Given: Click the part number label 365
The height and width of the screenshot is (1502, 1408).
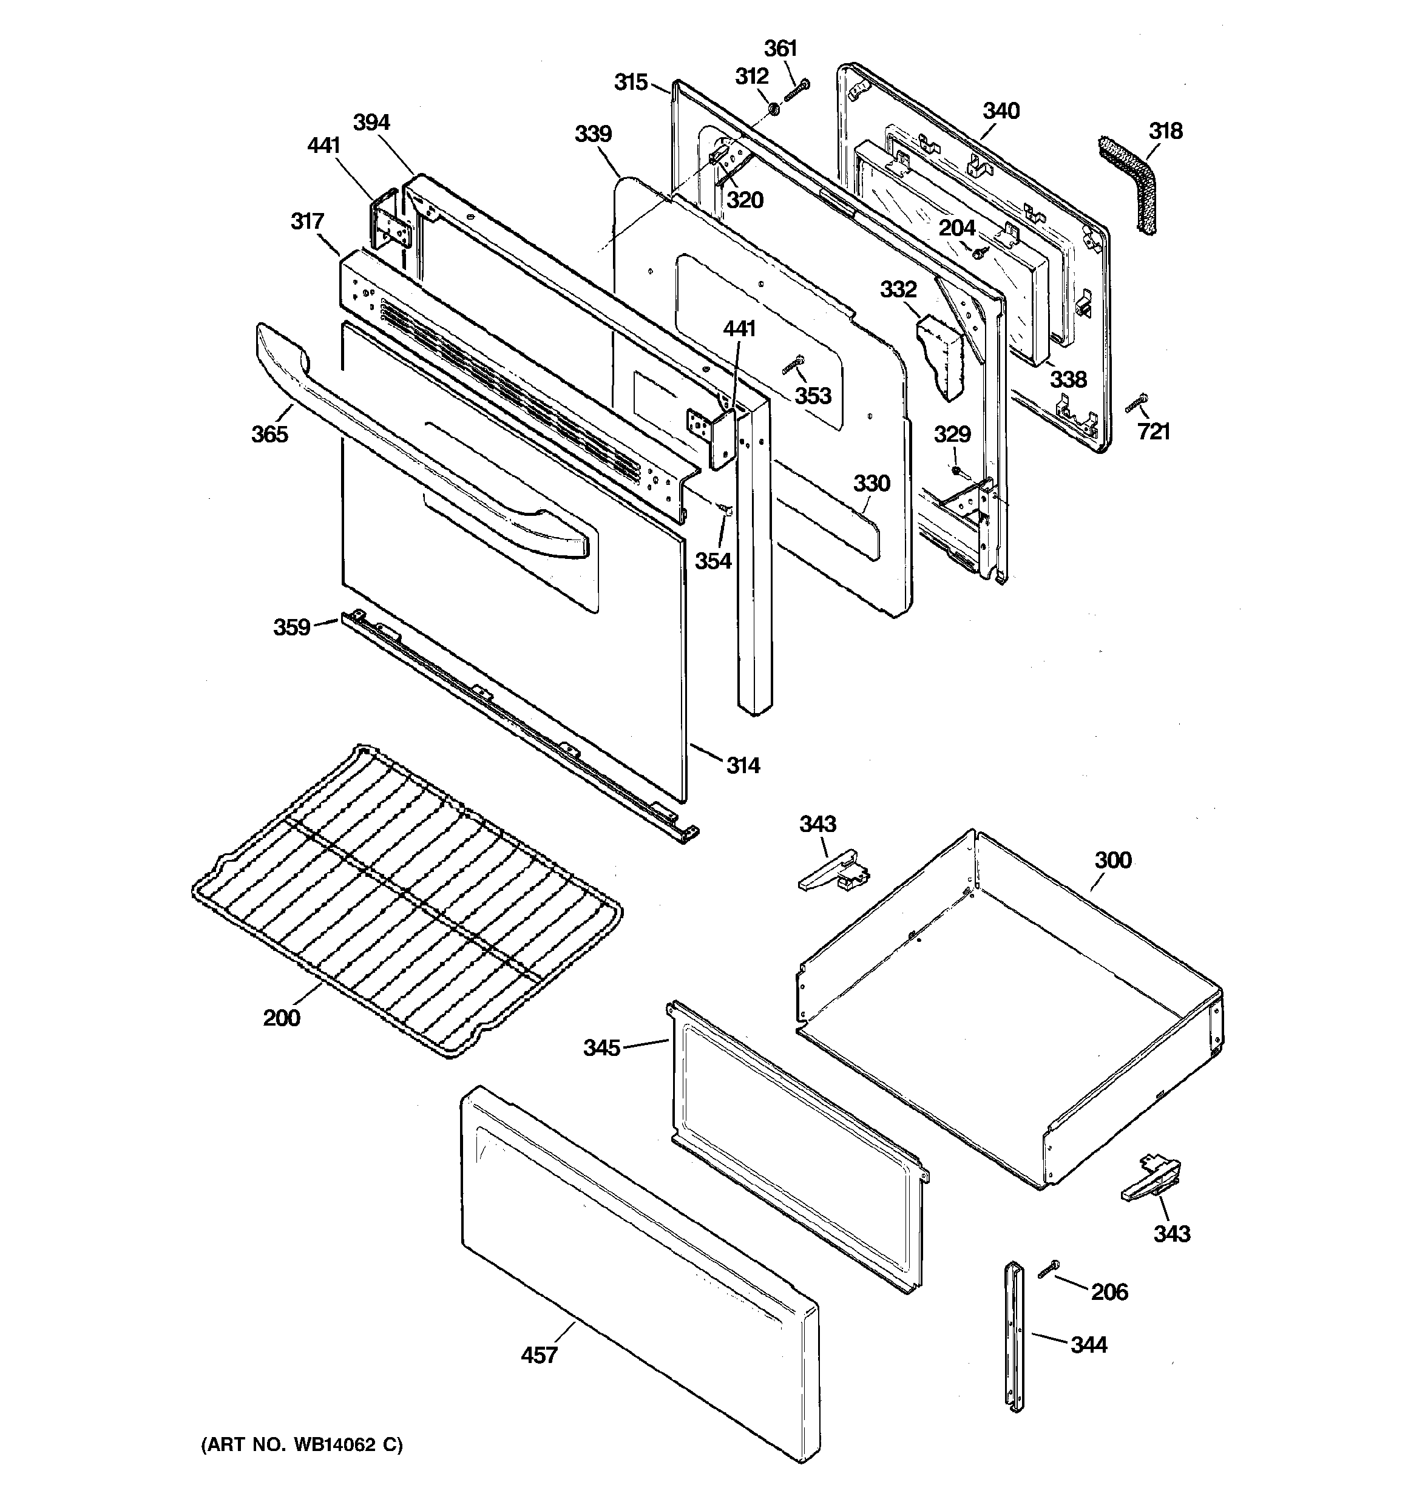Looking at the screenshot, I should coord(270,434).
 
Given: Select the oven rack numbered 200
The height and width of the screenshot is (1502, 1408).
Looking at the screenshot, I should coord(408,899).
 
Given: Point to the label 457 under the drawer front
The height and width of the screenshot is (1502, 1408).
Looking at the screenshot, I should coord(539,1355).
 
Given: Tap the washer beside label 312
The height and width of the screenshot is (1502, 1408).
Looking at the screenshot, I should coord(774,111).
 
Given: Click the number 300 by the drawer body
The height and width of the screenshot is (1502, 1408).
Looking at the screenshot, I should coord(1112,860).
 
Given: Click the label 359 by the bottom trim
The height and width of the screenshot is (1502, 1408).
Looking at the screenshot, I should coord(292,627).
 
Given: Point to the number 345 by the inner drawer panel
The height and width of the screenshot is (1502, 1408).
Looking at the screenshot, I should coord(601,1048).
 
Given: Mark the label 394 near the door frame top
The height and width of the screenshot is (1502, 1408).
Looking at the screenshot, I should coord(371,123).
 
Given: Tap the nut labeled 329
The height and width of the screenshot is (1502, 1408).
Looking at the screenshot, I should coord(956,472).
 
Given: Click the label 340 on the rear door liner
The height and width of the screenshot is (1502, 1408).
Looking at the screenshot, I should coord(1001,111).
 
